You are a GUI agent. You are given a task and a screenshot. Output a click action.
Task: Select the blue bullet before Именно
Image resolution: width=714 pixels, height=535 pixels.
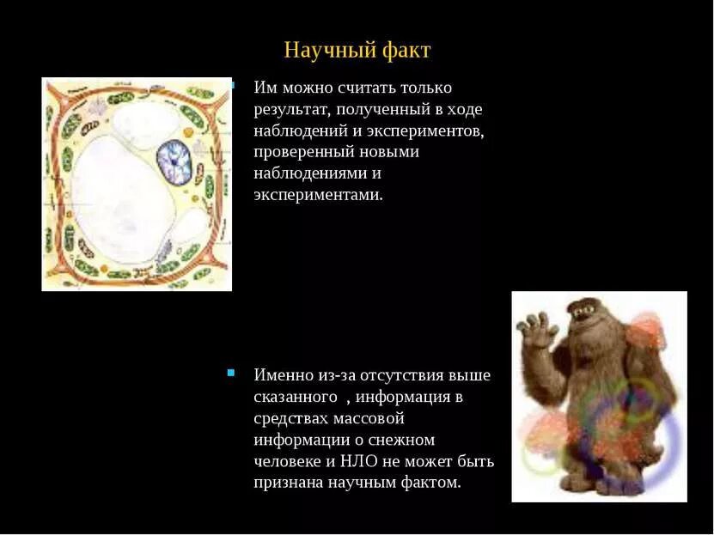(231, 373)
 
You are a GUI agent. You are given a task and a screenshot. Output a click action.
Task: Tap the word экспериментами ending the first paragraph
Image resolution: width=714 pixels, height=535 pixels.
(316, 195)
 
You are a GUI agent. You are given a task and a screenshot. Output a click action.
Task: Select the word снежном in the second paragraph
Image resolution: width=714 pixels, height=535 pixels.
(403, 440)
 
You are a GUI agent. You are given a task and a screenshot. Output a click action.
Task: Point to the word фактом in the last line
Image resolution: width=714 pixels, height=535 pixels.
(436, 483)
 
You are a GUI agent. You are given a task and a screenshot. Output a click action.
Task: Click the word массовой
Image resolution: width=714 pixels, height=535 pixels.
(367, 418)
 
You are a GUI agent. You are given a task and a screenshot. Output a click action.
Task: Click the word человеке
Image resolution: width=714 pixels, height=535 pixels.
(288, 461)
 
